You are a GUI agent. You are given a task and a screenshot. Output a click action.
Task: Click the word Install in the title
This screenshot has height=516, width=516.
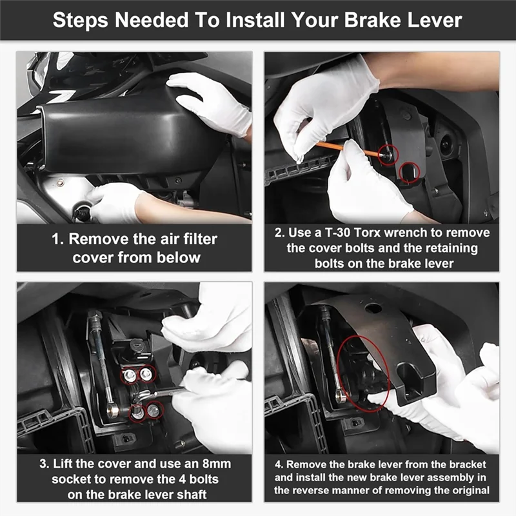(255, 21)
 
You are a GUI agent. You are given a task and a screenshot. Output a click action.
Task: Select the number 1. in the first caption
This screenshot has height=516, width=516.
(57, 239)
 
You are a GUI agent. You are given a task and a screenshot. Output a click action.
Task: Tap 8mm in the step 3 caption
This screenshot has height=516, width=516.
(217, 464)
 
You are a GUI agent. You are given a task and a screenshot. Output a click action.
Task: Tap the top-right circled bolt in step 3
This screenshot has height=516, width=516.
(146, 373)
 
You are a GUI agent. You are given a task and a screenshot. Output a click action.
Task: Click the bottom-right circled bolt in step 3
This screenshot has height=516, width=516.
(153, 410)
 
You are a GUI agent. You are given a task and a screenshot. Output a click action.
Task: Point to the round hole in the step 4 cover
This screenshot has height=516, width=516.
(373, 309)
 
